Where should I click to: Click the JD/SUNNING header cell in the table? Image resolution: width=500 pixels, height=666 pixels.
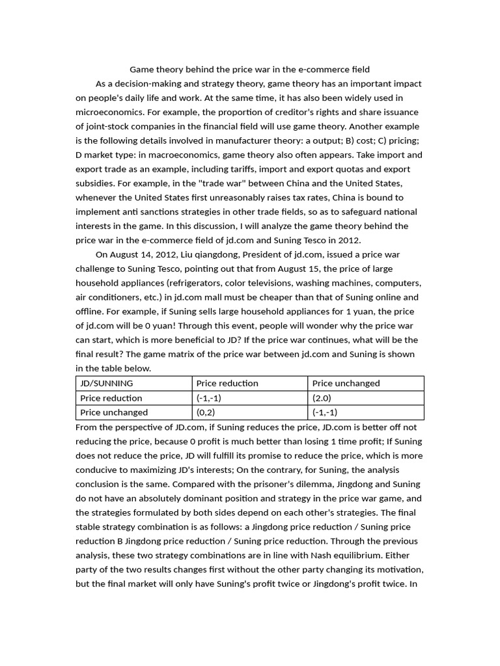pos(106,384)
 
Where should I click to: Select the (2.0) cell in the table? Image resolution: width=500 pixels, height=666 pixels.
pos(322,398)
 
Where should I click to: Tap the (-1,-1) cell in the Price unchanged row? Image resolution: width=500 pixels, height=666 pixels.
pos(325,412)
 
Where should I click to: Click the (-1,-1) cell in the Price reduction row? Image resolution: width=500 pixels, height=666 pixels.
pos(209,398)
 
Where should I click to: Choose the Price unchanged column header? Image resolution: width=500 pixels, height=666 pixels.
pos(346,384)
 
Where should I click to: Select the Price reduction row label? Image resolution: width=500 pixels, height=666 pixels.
pos(111,398)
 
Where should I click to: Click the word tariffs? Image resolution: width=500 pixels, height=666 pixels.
pos(255,169)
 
